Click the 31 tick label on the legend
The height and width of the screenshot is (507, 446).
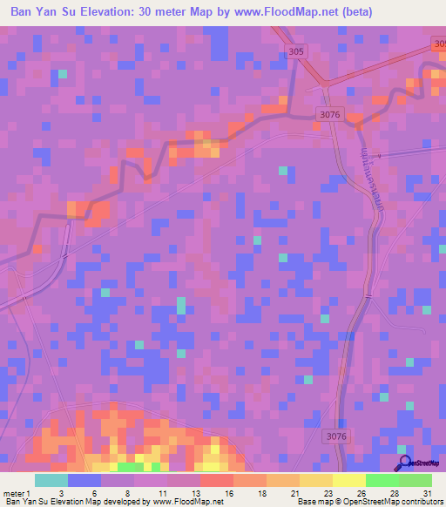tap(427, 493)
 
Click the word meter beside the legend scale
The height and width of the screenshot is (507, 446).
tap(15, 493)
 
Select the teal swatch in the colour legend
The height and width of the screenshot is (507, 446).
tap(51, 480)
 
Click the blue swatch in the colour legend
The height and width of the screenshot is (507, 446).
tap(84, 480)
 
